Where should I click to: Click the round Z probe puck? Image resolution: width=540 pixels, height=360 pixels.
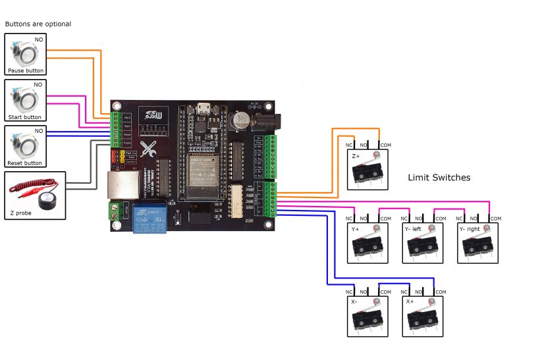pos(45,200)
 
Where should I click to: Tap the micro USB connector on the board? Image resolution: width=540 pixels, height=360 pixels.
pos(203,108)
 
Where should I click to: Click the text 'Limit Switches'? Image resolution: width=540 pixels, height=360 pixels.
pos(439,178)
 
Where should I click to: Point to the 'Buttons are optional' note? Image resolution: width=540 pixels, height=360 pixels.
pos(38,24)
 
